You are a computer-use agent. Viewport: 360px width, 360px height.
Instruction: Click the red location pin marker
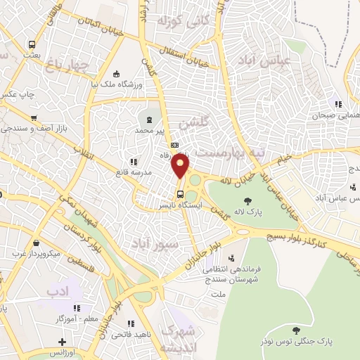coord(181,166)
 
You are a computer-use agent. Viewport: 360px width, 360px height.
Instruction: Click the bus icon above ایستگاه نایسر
coord(181,194)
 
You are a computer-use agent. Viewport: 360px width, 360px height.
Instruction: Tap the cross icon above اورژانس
coord(63,342)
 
